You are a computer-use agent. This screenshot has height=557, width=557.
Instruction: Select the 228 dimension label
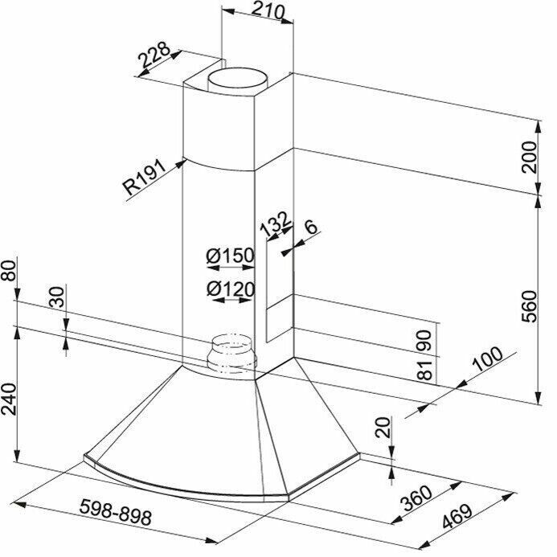(x=154, y=55)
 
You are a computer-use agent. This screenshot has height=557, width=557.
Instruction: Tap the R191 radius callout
(x=144, y=178)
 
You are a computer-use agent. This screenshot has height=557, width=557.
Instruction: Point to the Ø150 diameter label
(x=231, y=255)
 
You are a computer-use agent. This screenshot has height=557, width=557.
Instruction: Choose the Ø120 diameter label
(x=231, y=289)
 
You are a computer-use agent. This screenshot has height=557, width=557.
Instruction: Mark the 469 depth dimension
(x=457, y=517)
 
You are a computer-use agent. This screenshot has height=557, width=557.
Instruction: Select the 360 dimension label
(x=416, y=498)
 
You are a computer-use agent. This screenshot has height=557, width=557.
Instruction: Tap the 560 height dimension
(x=530, y=306)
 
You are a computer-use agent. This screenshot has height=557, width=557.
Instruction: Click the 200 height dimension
(x=530, y=157)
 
